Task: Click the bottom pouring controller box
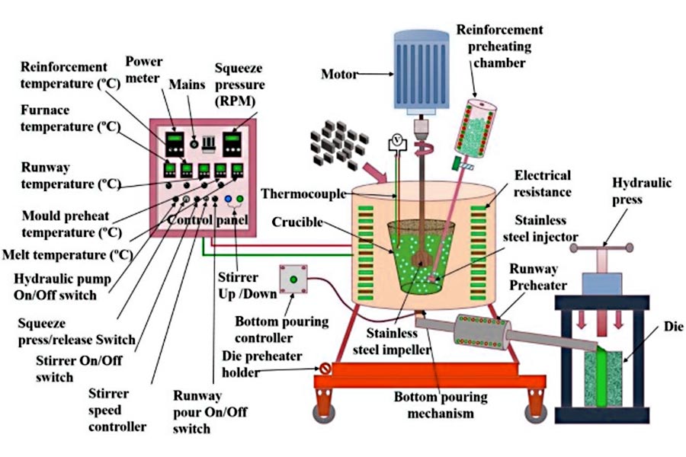point(293,279)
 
